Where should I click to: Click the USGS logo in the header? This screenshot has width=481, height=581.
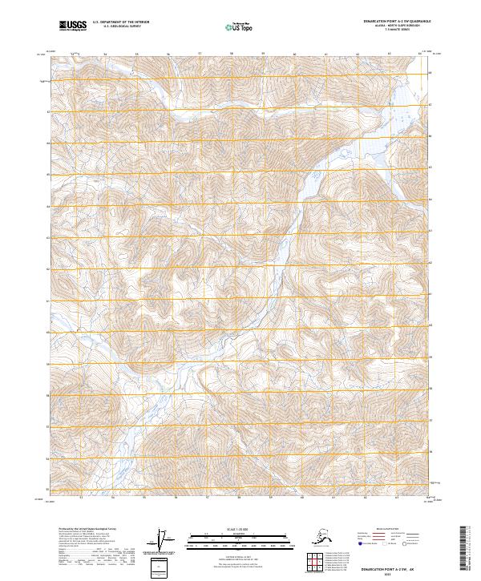click(71, 27)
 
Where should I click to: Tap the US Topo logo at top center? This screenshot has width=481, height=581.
click(240, 28)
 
